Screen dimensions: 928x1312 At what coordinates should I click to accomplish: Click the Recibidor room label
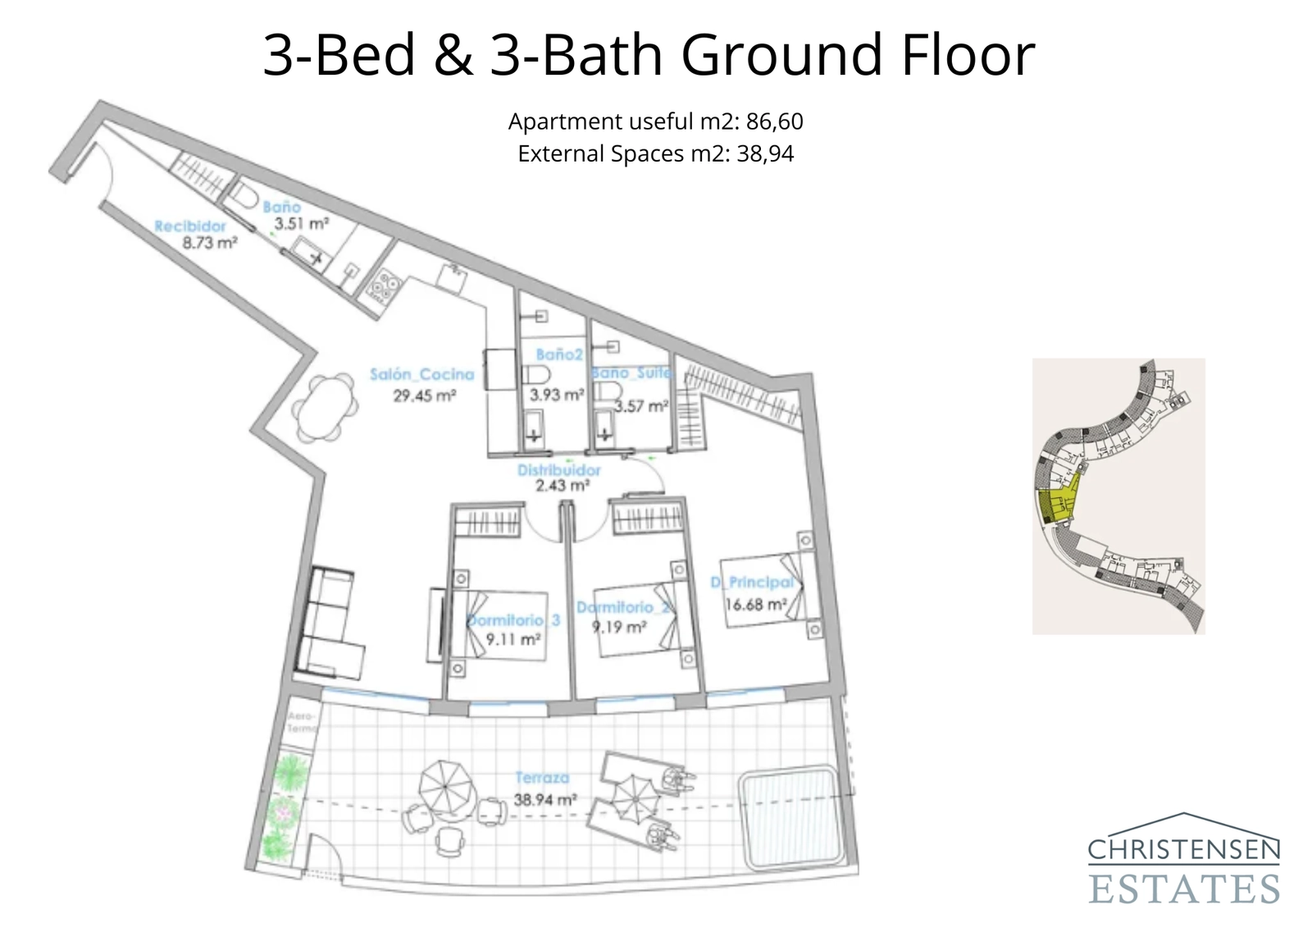pos(190,226)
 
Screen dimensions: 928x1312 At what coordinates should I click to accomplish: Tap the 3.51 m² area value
pos(301,223)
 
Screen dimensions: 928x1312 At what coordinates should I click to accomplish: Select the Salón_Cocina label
pos(421,375)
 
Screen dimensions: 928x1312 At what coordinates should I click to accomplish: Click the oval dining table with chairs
pos(326,408)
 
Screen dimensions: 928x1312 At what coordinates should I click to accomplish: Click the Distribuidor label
pos(558,470)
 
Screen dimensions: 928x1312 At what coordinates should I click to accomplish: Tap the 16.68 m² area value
pos(755,605)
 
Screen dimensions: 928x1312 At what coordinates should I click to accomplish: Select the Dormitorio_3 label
pos(515,620)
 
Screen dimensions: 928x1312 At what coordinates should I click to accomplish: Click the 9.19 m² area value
pos(619,628)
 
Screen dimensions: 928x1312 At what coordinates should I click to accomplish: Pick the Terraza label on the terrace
pos(542,777)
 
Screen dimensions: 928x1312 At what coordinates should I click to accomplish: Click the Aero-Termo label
pos(301,722)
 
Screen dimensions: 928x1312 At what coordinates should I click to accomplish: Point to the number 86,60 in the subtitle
pos(774,121)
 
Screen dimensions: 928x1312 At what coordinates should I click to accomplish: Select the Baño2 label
pos(558,354)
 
